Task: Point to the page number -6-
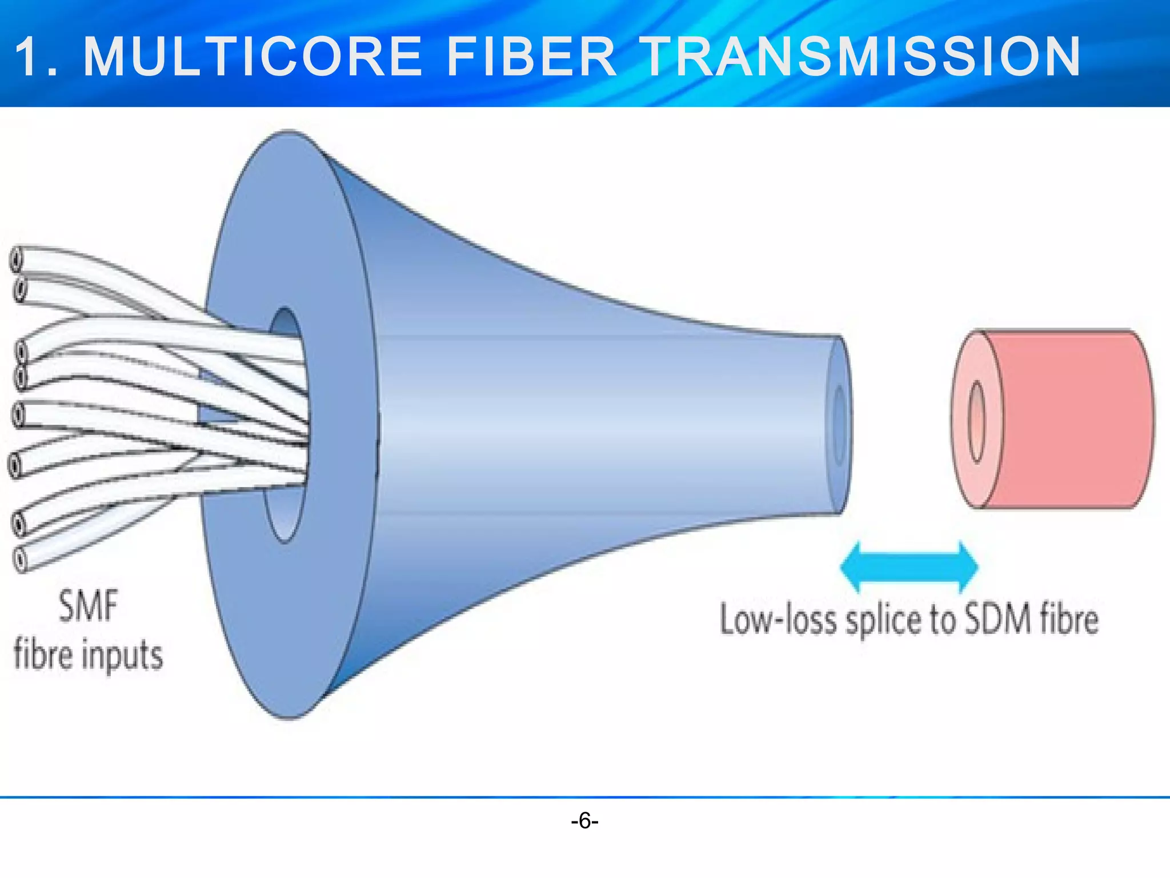pyautogui.click(x=584, y=821)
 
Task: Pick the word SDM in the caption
pyautogui.click(x=998, y=619)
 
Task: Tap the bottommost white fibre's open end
pyautogui.click(x=20, y=559)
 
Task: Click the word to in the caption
pyautogui.click(x=942, y=620)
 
